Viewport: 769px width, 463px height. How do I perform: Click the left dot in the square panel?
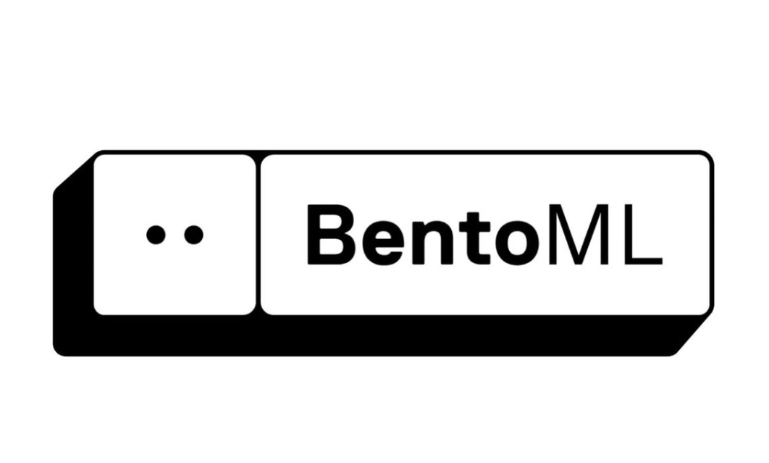(156, 235)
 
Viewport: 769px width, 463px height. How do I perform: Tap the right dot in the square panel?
(193, 235)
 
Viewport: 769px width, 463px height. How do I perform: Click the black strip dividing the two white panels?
(258, 235)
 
